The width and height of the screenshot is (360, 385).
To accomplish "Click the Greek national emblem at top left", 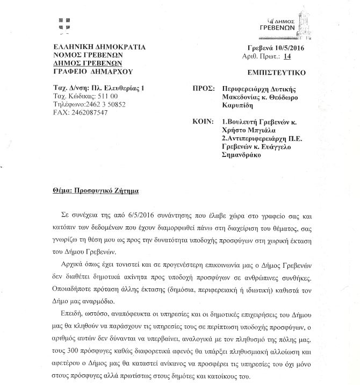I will (64, 25).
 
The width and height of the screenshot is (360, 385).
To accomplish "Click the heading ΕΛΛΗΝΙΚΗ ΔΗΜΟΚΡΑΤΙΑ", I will (99, 47).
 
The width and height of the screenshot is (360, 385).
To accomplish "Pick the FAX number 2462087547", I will (89, 112).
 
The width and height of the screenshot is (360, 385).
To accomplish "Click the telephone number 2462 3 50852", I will (102, 104).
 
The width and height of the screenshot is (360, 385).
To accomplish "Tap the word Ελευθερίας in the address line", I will (118, 88).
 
